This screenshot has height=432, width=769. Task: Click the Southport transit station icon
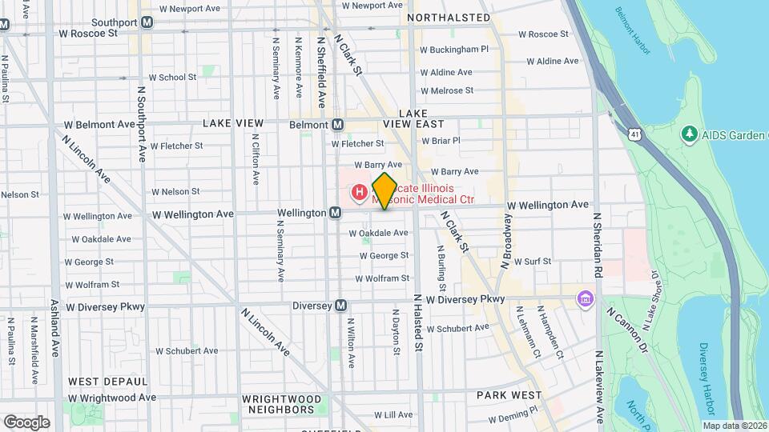point(147,22)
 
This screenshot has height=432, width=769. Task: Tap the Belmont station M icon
point(338,125)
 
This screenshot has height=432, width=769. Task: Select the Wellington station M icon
point(336,213)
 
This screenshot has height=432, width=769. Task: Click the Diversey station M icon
point(341,306)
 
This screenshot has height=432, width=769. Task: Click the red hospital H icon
point(360,192)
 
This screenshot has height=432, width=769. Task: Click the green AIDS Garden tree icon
point(688,132)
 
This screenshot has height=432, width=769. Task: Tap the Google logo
point(26,422)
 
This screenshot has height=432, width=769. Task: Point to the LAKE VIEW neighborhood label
point(233,123)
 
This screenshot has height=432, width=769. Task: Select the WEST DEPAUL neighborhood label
point(108,382)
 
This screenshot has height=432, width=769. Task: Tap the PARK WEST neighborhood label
point(509,395)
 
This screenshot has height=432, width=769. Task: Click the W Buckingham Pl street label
point(455,49)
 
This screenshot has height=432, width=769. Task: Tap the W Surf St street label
point(533,262)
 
